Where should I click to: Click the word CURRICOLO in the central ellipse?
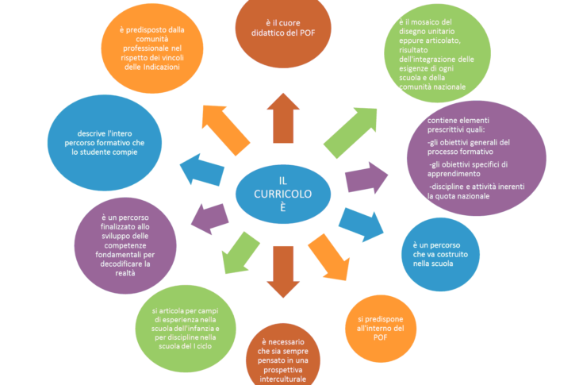coord(283,194)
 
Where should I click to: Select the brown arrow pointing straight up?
coord(283,117)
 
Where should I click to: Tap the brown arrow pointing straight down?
coord(283,272)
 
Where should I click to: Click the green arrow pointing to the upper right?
coord(351,133)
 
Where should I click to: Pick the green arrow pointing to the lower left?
coord(240,253)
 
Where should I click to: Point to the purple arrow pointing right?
coord(366,178)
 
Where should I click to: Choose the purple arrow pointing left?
coord(209,219)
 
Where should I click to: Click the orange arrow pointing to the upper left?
coord(225,130)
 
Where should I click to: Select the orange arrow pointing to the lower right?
coord(329,256)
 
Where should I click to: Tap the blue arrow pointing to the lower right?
coord(362,225)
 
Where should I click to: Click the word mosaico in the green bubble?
coord(425,22)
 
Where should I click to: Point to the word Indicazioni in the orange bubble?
coord(161,67)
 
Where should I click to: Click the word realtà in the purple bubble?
coord(125,273)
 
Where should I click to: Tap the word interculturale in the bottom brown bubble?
coord(283,379)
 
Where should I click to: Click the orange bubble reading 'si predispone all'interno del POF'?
coord(381,329)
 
